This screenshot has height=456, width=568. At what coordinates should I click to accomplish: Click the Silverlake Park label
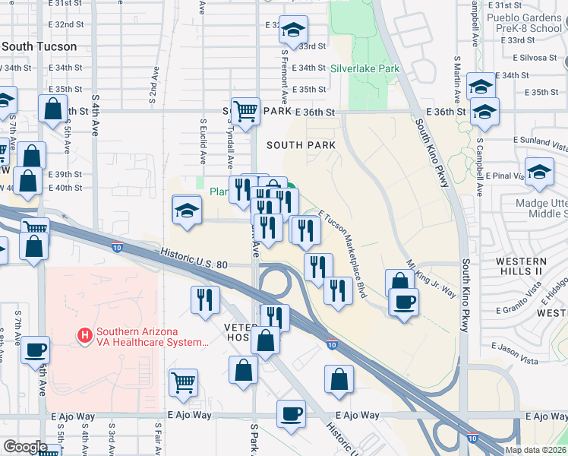click(365, 68)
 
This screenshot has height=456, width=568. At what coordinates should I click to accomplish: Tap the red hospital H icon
click(85, 334)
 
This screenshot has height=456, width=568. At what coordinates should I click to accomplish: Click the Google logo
click(25, 446)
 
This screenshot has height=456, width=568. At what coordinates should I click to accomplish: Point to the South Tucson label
click(39, 46)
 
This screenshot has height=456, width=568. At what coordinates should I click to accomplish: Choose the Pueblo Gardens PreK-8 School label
click(523, 23)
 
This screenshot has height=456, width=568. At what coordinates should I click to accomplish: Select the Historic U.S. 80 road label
click(194, 258)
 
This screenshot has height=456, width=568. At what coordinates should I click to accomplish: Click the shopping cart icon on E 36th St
click(245, 111)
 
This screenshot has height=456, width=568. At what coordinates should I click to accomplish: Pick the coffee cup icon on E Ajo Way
click(292, 414)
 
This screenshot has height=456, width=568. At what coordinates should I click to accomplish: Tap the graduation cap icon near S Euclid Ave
click(187, 210)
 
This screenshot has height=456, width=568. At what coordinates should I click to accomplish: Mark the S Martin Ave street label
click(457, 79)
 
